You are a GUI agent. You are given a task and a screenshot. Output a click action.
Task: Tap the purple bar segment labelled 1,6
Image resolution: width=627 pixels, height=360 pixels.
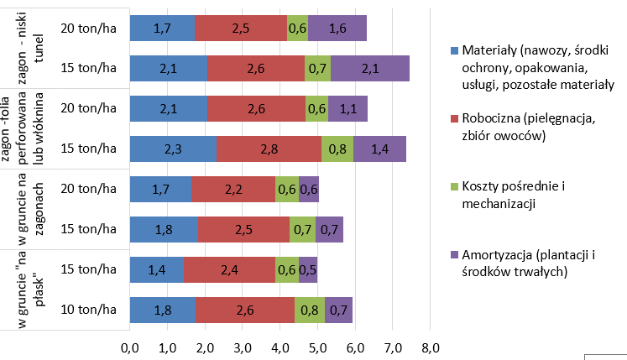(x=337, y=28)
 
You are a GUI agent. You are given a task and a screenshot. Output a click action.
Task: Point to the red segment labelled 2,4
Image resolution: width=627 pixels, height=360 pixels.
(x=229, y=269)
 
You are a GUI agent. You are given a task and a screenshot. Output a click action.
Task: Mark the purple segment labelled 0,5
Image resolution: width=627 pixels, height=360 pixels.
(x=307, y=269)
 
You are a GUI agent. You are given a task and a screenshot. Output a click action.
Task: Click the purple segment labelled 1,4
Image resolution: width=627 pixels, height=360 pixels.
(x=379, y=149)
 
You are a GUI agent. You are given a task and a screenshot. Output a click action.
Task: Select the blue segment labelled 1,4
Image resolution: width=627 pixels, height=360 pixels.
(x=157, y=269)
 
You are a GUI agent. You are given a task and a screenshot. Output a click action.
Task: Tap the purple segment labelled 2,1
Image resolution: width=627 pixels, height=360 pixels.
(x=370, y=68)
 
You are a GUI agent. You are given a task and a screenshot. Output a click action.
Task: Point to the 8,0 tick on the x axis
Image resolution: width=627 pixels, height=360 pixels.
(x=430, y=347)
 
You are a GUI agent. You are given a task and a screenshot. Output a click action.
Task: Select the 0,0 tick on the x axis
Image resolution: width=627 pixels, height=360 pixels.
(x=130, y=347)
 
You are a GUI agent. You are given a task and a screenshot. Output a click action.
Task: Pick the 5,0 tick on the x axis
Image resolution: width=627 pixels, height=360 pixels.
(x=317, y=347)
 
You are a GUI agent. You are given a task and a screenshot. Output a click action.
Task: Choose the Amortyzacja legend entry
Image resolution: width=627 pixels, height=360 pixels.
(x=525, y=263)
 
